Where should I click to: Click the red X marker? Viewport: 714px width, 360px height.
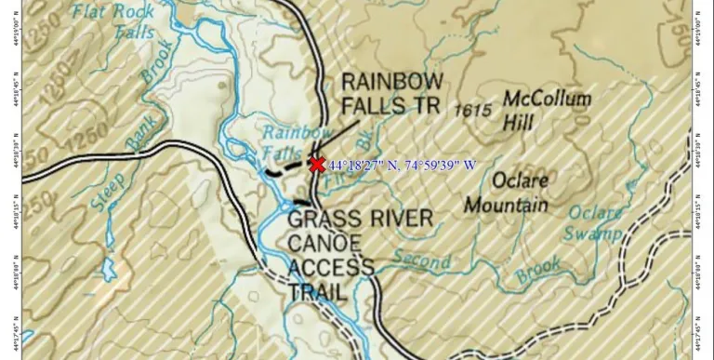point(316,165)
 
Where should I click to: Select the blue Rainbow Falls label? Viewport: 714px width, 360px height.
point(291,141)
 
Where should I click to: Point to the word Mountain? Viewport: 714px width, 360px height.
point(506,204)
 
